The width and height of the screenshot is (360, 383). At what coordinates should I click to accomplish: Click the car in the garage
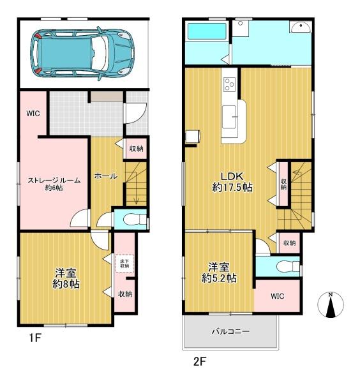click(82, 53)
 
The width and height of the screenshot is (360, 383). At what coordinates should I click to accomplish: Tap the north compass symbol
click(331, 304)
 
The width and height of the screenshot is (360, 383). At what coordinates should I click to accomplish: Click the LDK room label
click(232, 182)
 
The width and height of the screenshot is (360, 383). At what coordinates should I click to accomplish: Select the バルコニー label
click(230, 331)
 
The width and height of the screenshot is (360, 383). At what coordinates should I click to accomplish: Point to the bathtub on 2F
click(207, 31)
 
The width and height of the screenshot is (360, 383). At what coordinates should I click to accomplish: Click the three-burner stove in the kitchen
click(229, 84)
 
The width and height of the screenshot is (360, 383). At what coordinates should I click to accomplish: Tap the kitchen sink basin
click(229, 117)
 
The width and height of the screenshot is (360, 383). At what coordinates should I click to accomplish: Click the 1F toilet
click(135, 220)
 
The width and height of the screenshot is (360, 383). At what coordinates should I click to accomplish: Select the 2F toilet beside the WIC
click(289, 266)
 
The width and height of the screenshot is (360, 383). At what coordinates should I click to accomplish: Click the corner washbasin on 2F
click(301, 27)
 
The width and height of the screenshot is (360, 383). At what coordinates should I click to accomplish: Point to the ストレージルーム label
click(54, 184)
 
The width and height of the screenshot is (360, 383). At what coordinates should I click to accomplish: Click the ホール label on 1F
click(106, 176)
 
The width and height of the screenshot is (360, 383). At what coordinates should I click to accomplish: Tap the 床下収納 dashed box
click(124, 264)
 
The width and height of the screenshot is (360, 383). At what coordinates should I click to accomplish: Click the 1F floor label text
click(34, 338)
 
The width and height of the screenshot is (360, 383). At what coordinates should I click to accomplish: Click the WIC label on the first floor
click(33, 114)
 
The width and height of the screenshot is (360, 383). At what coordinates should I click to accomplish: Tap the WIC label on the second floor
click(278, 296)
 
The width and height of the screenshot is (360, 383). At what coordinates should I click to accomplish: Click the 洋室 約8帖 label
click(66, 278)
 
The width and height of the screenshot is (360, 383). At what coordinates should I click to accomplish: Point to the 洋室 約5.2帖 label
click(219, 273)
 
